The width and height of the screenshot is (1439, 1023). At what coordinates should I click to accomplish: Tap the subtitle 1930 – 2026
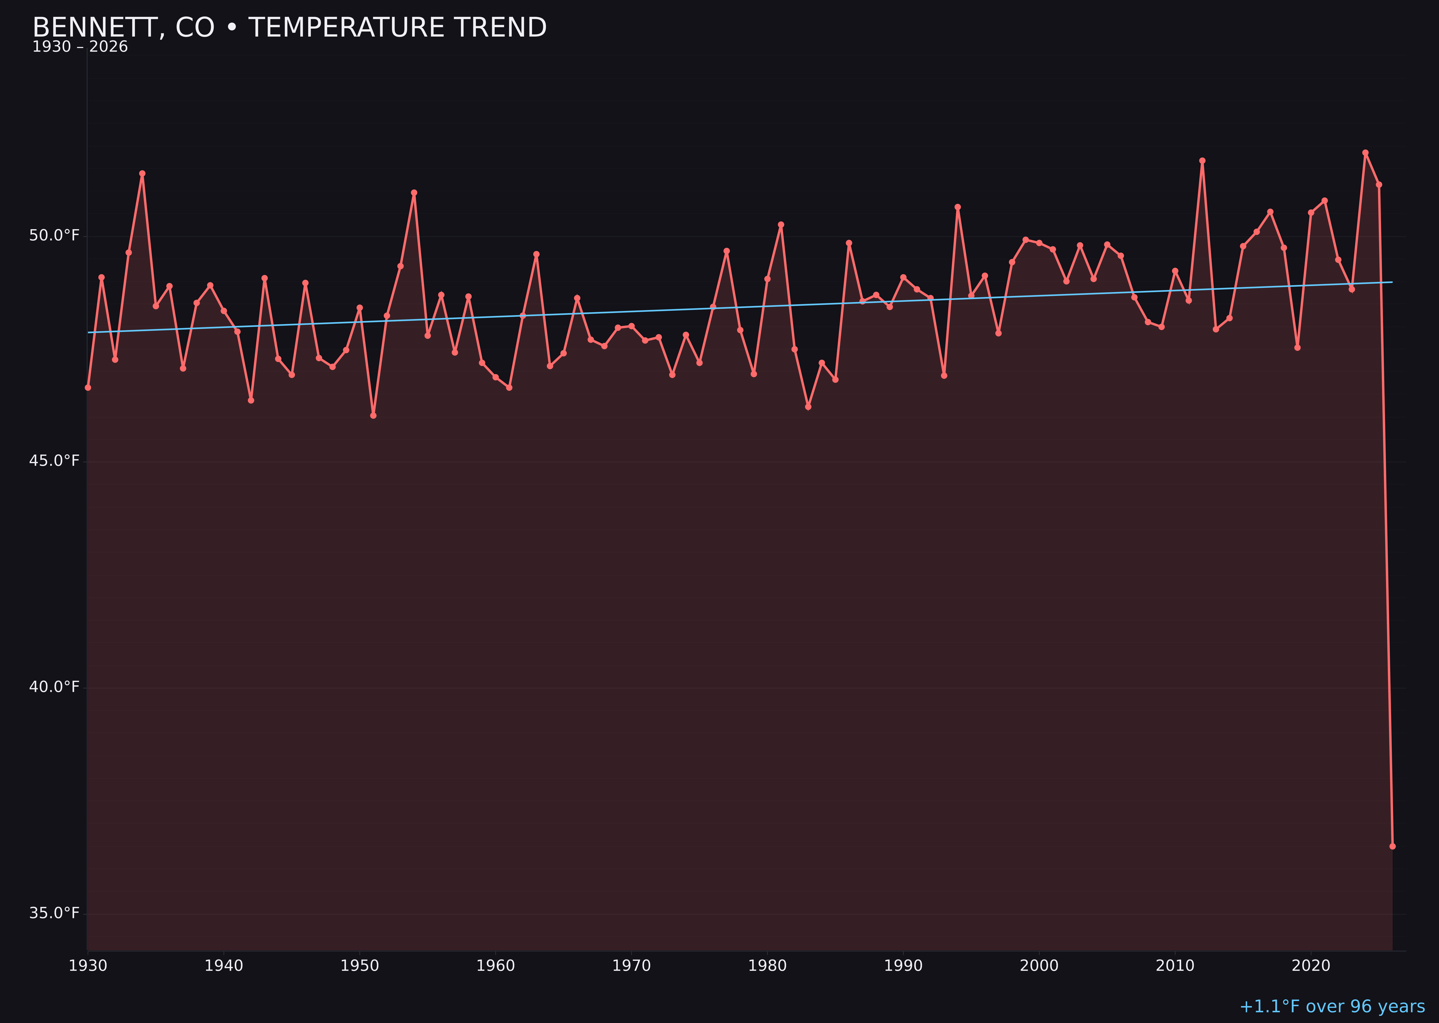pos(80,47)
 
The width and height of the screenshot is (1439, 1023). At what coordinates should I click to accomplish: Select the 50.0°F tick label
pos(54,236)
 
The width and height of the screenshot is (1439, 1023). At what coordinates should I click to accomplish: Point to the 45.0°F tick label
pos(54,461)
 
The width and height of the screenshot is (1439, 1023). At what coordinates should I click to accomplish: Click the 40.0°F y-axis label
pos(54,687)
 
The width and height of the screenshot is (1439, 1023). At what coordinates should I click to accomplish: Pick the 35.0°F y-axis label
pos(54,913)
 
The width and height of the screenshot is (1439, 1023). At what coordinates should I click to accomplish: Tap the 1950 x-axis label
pos(360,966)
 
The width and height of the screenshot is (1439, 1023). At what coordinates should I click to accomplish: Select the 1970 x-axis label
pos(631,966)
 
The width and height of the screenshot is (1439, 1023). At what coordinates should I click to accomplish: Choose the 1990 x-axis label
pos(903,966)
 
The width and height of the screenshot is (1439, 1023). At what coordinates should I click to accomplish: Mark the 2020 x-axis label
pos(1311,966)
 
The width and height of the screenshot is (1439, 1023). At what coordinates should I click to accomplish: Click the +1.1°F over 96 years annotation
pos(1332,1006)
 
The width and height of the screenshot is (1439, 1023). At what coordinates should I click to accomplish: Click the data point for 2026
pos(1392,846)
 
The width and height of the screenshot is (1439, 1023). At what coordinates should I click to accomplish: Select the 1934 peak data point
pos(142,173)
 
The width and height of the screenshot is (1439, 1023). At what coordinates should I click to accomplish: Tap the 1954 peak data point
pos(414,193)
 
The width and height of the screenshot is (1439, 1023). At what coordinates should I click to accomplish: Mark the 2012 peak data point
pos(1202,161)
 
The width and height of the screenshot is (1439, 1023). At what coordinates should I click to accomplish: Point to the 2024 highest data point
pos(1365,153)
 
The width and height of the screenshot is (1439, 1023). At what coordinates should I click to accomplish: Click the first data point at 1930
pos(88,387)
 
